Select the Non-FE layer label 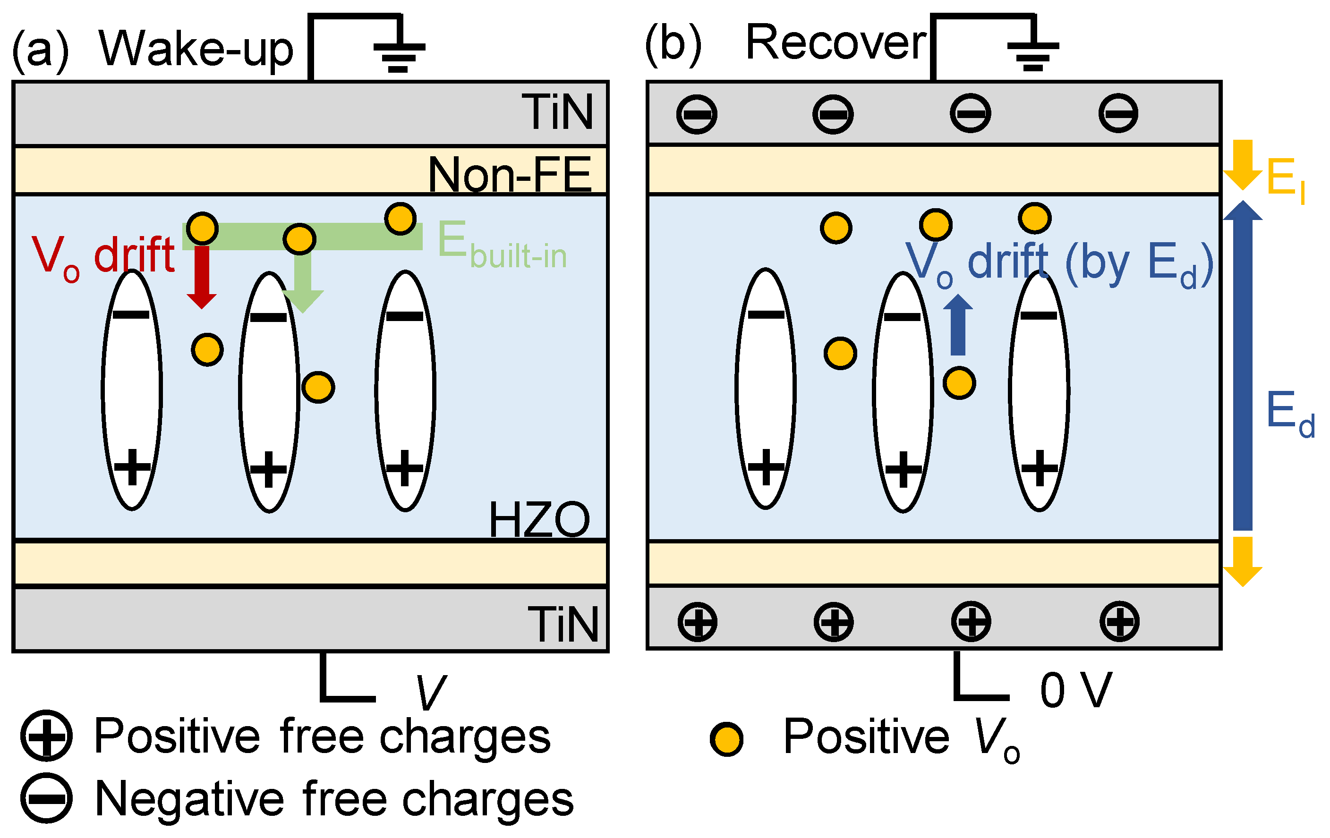click(510, 174)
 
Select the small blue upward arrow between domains click(958, 325)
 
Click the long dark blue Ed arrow click(1243, 365)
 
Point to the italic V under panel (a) click(430, 692)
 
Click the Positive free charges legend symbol click(46, 736)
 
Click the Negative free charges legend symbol click(46, 798)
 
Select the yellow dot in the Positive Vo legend click(727, 739)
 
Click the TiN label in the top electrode click(557, 112)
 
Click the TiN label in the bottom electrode click(563, 624)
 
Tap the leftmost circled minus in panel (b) click(697, 114)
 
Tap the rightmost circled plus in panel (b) click(1119, 622)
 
